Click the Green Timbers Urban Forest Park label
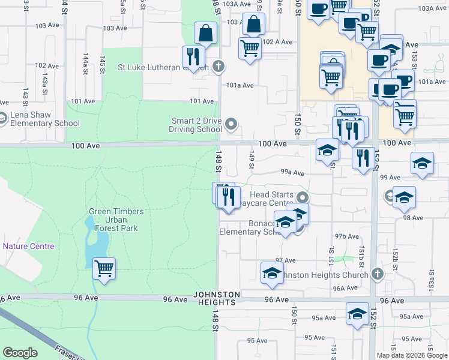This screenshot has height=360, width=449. [x=116, y=220]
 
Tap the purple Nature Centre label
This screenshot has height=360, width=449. [x=28, y=246]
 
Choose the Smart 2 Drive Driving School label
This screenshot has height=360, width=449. [x=196, y=125]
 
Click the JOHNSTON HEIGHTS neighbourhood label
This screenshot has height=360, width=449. [x=217, y=298]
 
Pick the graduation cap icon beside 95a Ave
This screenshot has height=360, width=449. [x=357, y=313]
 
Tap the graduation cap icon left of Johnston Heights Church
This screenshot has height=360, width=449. [x=273, y=272]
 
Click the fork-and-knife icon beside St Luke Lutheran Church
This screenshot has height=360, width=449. [x=193, y=56]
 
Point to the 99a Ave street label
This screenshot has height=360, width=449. [x=292, y=173]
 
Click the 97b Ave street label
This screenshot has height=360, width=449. [x=347, y=236]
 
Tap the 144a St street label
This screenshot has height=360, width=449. [x=86, y=60]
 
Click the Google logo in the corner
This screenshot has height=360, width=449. [x=20, y=353]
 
